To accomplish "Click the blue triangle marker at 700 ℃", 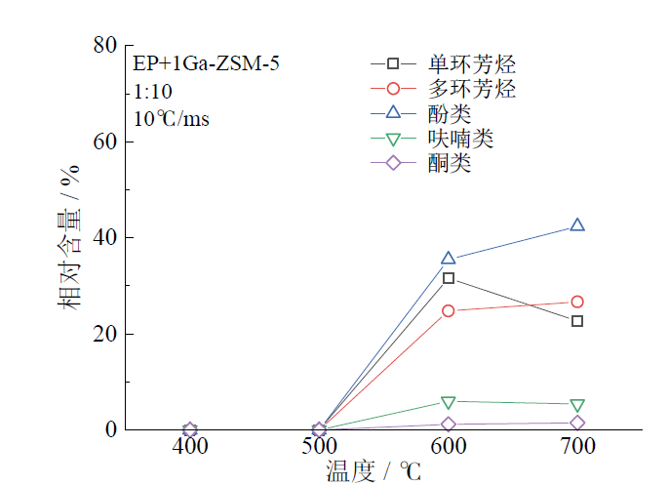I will click(x=577, y=225).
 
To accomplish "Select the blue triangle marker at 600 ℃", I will click(x=449, y=259).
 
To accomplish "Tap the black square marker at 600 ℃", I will click(x=449, y=278).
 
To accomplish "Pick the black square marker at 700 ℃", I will click(x=577, y=321).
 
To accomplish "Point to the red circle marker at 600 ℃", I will click(x=449, y=311).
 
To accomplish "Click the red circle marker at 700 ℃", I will click(x=577, y=302).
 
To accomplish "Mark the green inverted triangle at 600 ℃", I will click(x=449, y=402).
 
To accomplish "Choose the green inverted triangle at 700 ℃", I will click(x=577, y=405).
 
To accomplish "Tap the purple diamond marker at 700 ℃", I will click(x=577, y=423).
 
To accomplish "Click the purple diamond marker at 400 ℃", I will click(x=190, y=429).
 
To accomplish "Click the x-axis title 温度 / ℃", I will click(x=374, y=472).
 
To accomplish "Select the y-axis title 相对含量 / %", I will click(x=71, y=237).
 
